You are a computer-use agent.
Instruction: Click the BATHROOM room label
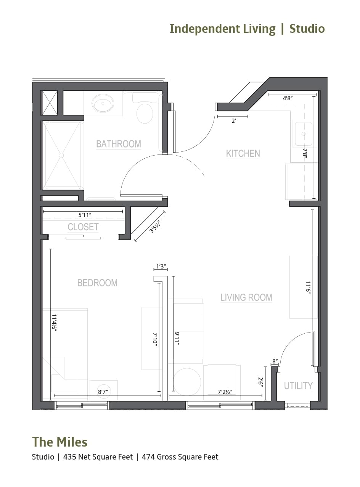point(119,144)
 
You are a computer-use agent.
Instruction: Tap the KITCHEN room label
point(243,153)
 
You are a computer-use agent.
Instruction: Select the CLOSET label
point(83,227)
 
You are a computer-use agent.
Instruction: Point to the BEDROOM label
point(97,283)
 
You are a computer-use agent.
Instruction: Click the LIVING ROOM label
point(246,297)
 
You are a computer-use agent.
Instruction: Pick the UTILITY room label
point(298,386)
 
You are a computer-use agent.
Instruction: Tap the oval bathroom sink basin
point(103,103)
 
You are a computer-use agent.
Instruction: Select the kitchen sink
point(304,134)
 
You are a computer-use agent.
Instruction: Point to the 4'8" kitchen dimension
point(288,98)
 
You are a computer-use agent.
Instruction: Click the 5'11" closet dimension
point(84,215)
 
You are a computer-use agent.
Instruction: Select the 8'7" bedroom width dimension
point(103,392)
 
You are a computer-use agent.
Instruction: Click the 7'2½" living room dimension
point(225,392)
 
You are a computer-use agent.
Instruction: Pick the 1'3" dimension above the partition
point(161,267)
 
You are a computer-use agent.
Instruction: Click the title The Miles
point(60,442)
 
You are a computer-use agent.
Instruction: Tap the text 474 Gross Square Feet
point(180,457)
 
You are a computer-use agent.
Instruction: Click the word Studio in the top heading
point(307,29)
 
